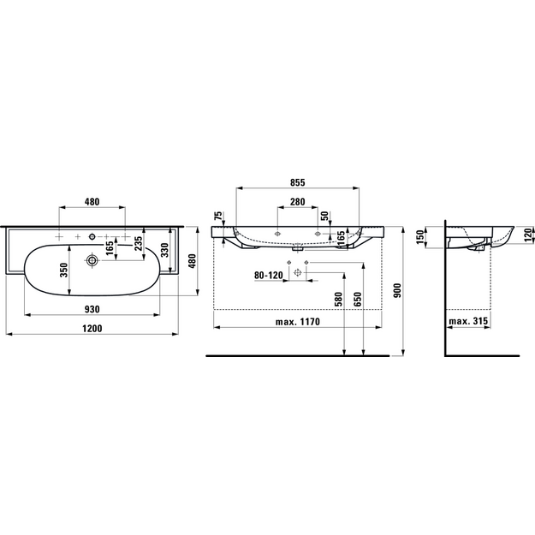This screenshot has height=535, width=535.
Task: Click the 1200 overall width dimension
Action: tap(92, 328)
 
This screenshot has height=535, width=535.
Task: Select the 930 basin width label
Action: tap(92, 309)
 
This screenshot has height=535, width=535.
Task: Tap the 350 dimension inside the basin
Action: tap(64, 270)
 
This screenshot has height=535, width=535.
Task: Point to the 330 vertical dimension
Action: tap(165, 250)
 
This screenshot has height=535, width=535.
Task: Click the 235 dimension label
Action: tap(139, 243)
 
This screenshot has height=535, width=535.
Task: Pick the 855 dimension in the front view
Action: tap(298, 182)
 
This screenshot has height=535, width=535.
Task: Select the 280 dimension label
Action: tap(298, 202)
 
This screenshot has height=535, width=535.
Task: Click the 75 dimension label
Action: tap(218, 217)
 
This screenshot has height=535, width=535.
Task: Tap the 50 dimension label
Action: tap(324, 216)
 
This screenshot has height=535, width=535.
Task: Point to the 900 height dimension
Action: tap(398, 290)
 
